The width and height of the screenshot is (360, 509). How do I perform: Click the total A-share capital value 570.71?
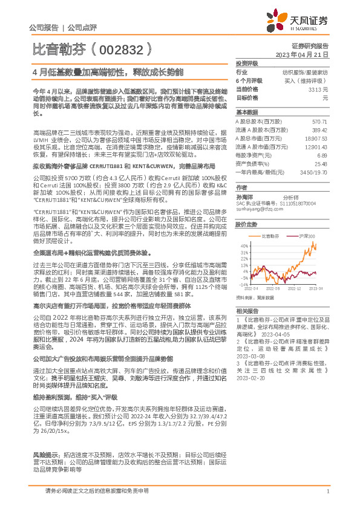(319, 122)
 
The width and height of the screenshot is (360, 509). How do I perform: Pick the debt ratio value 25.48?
(321, 163)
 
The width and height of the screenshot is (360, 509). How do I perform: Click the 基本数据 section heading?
(246, 112)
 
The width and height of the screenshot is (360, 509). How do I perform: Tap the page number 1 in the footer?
(327, 498)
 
